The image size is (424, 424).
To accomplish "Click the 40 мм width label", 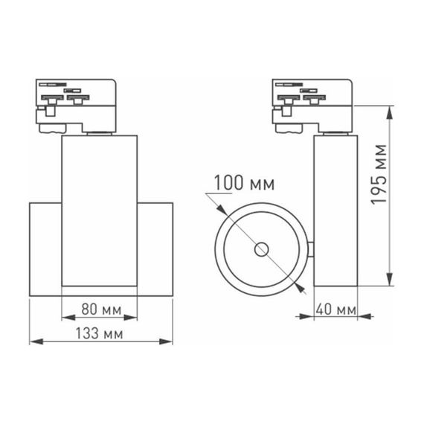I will click(x=335, y=308).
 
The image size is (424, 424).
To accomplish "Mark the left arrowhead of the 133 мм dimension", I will click(x=33, y=343).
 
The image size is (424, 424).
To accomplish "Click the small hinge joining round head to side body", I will click(x=311, y=250).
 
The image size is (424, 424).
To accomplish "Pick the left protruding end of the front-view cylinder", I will click(x=45, y=248).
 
